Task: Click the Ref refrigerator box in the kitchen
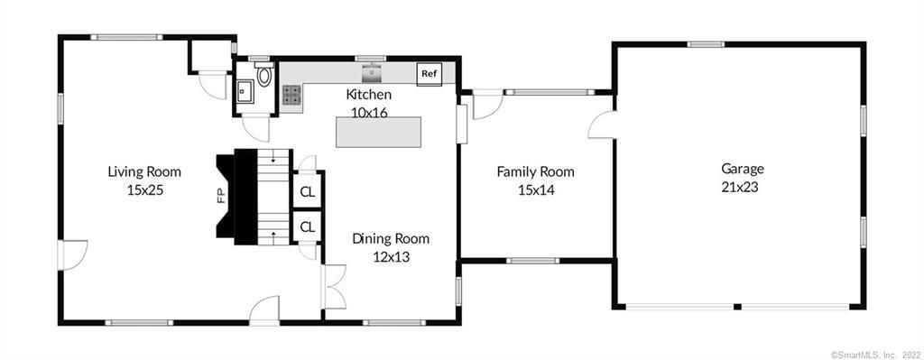pos(430,74)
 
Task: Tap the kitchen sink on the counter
pos(372,74)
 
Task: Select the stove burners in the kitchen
pos(291,95)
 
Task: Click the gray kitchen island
pos(378,132)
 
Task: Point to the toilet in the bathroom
pos(264,74)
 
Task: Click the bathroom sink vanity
pos(245,91)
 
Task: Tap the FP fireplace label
pos(222,196)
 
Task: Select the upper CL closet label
pos(308,191)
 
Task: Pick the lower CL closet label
pos(308,226)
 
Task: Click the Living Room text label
pos(144,172)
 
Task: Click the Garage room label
pos(743,170)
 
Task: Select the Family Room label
pos(535,172)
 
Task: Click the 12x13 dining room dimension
pos(391,257)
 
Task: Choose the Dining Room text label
pos(391,239)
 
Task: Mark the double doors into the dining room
pos(334,286)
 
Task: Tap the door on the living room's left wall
pos(72,255)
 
